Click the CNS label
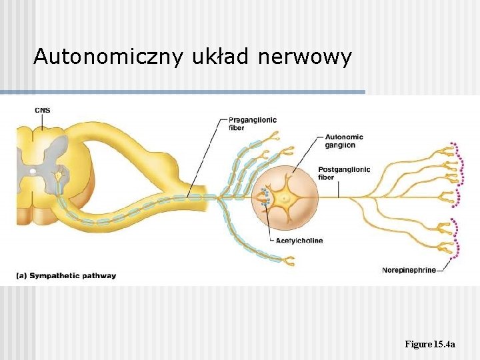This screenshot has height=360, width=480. pos(42,110)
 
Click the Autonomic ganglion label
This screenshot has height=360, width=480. pos(345,141)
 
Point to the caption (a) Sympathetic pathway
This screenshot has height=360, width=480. pos(66,275)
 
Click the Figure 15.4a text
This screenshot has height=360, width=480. pos(430,344)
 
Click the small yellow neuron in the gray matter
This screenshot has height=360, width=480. pos(59,175)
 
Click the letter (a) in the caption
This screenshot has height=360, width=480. pos(22,275)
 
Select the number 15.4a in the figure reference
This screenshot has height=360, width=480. pos(444,344)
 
